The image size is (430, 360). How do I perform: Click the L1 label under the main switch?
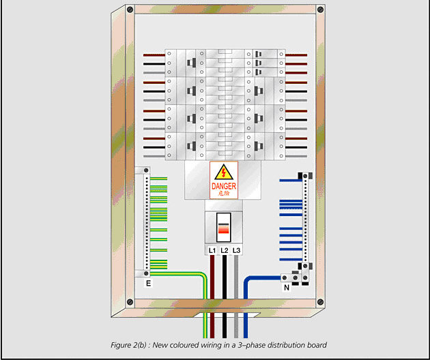point(212,251)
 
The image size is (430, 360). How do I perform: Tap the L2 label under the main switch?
point(225,251)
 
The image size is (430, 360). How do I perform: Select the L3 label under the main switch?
point(236,251)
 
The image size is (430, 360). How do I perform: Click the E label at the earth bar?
point(148,282)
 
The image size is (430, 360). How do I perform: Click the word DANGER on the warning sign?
point(224,185)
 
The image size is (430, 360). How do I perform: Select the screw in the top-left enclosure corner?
point(128,10)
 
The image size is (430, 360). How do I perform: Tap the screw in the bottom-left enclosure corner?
point(128,302)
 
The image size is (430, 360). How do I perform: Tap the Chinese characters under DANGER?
point(224,194)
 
